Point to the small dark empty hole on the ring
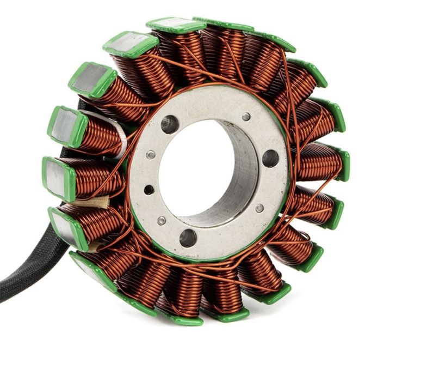[149, 190]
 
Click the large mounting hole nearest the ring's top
[170, 124]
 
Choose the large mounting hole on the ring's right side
[270, 158]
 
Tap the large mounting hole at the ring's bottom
[188, 238]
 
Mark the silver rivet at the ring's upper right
[246, 117]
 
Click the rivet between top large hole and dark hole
[151, 155]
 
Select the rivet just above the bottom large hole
[162, 221]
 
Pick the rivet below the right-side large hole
[259, 208]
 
